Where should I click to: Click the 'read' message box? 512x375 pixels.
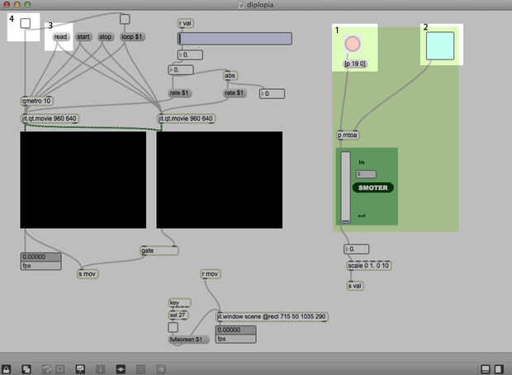click(60, 37)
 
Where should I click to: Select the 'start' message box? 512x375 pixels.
click(83, 37)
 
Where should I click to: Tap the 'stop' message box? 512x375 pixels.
click(106, 37)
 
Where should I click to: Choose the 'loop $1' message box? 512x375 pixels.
click(131, 37)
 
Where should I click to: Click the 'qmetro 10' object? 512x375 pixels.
click(37, 101)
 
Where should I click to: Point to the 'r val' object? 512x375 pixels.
click(186, 23)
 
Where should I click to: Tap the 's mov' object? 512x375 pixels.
click(88, 273)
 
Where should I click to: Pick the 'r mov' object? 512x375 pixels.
click(210, 273)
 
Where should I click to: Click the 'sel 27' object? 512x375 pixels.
click(178, 315)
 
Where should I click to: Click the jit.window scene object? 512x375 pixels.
click(272, 316)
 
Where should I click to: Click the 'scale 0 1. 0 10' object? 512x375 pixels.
click(367, 266)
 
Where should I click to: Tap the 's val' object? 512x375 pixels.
click(355, 286)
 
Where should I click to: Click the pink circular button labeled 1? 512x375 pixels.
click(353, 44)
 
